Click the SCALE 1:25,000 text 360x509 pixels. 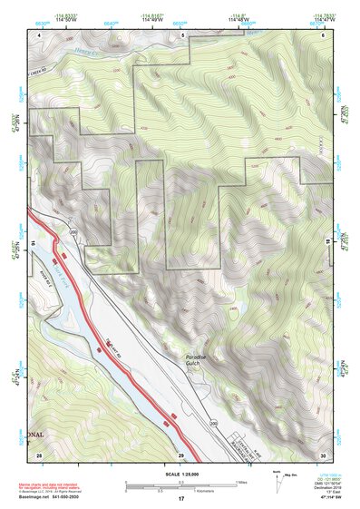coord(180,474)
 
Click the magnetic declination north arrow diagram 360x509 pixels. coord(280,477)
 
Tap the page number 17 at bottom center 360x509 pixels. coord(180,499)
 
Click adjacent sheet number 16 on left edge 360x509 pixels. coord(31,244)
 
